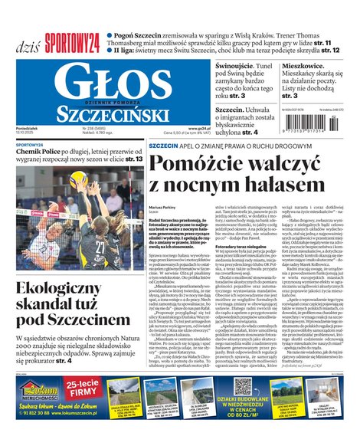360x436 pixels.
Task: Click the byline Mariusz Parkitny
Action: (x=163, y=207)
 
